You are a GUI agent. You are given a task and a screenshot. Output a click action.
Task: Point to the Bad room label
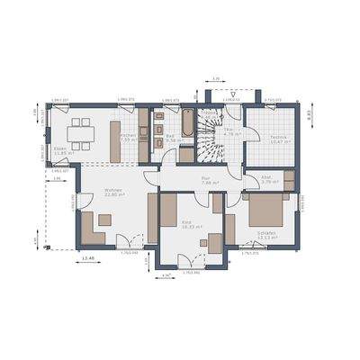[170, 139]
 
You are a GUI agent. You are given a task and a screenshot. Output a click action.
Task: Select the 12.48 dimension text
[87, 259]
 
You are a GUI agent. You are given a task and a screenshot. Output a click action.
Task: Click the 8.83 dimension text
[309, 115]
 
